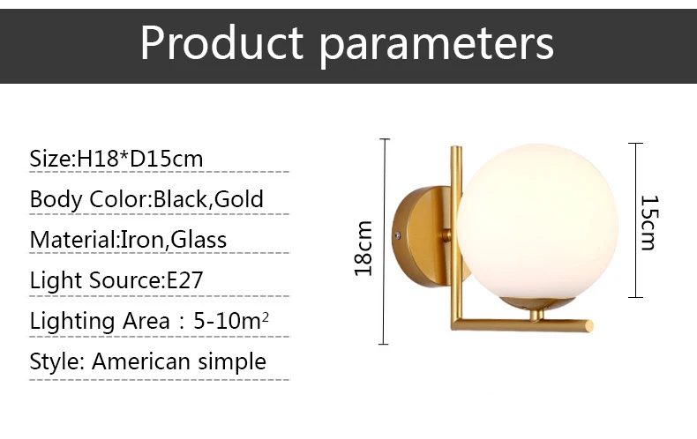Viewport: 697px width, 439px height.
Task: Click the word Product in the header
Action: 221,42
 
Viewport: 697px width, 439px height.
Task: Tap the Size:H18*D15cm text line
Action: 116,159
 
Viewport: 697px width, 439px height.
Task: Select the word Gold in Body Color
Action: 239,199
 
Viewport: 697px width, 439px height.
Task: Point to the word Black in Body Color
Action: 180,199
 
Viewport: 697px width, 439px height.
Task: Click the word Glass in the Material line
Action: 199,240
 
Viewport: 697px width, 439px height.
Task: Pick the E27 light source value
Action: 184,280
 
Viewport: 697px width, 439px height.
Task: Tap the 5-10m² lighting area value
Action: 231,320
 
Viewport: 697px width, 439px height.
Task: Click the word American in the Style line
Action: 142,361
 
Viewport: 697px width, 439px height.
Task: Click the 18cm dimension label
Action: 363,249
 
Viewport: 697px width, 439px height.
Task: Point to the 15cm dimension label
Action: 649,223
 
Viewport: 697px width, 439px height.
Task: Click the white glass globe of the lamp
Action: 538,221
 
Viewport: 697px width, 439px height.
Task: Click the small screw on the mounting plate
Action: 398,235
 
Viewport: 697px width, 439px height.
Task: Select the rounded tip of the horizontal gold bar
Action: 589,325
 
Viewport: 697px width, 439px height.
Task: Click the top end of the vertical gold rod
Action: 456,148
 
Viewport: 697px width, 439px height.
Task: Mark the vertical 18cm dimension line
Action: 384,242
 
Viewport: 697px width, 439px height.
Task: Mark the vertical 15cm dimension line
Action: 635,220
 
